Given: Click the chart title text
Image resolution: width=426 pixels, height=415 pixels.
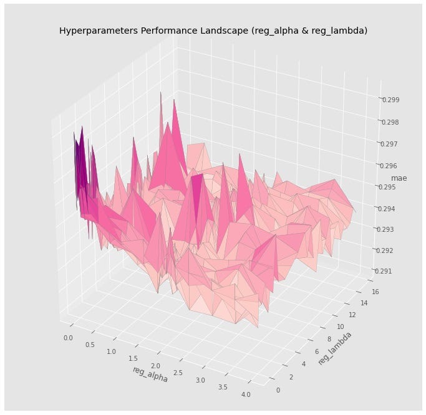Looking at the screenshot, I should (213, 31).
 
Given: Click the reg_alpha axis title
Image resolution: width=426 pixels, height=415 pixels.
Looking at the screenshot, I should (150, 374).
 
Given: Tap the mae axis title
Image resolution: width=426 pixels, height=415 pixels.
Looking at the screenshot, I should (399, 178).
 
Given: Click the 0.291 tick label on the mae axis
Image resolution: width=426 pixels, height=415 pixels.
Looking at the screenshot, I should (382, 271).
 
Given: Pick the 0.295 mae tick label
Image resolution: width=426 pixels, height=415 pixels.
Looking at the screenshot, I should (386, 187).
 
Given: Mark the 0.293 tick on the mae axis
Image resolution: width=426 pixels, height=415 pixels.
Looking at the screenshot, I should (384, 229).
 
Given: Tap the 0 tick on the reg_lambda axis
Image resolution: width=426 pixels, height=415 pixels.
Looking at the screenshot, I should (278, 389).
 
